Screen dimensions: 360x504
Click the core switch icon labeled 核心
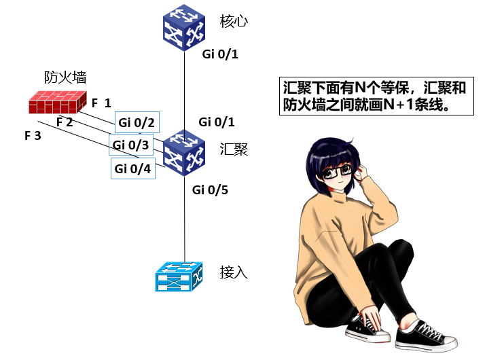click(185, 28)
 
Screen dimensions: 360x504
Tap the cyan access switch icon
click(178, 276)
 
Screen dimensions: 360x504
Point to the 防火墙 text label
click(65, 77)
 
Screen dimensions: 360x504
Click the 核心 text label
click(234, 21)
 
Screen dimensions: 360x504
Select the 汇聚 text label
click(234, 149)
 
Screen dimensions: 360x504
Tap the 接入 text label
click(234, 272)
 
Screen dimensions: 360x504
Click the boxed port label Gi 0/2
click(137, 123)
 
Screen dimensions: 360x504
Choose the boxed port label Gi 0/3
click(131, 145)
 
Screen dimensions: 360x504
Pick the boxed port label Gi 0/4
click(133, 168)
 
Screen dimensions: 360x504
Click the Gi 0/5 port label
click(210, 190)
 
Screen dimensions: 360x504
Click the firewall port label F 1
click(101, 103)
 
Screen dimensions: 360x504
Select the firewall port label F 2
click(65, 122)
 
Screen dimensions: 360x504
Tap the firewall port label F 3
click(33, 136)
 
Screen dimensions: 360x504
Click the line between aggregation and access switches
click(185, 217)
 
